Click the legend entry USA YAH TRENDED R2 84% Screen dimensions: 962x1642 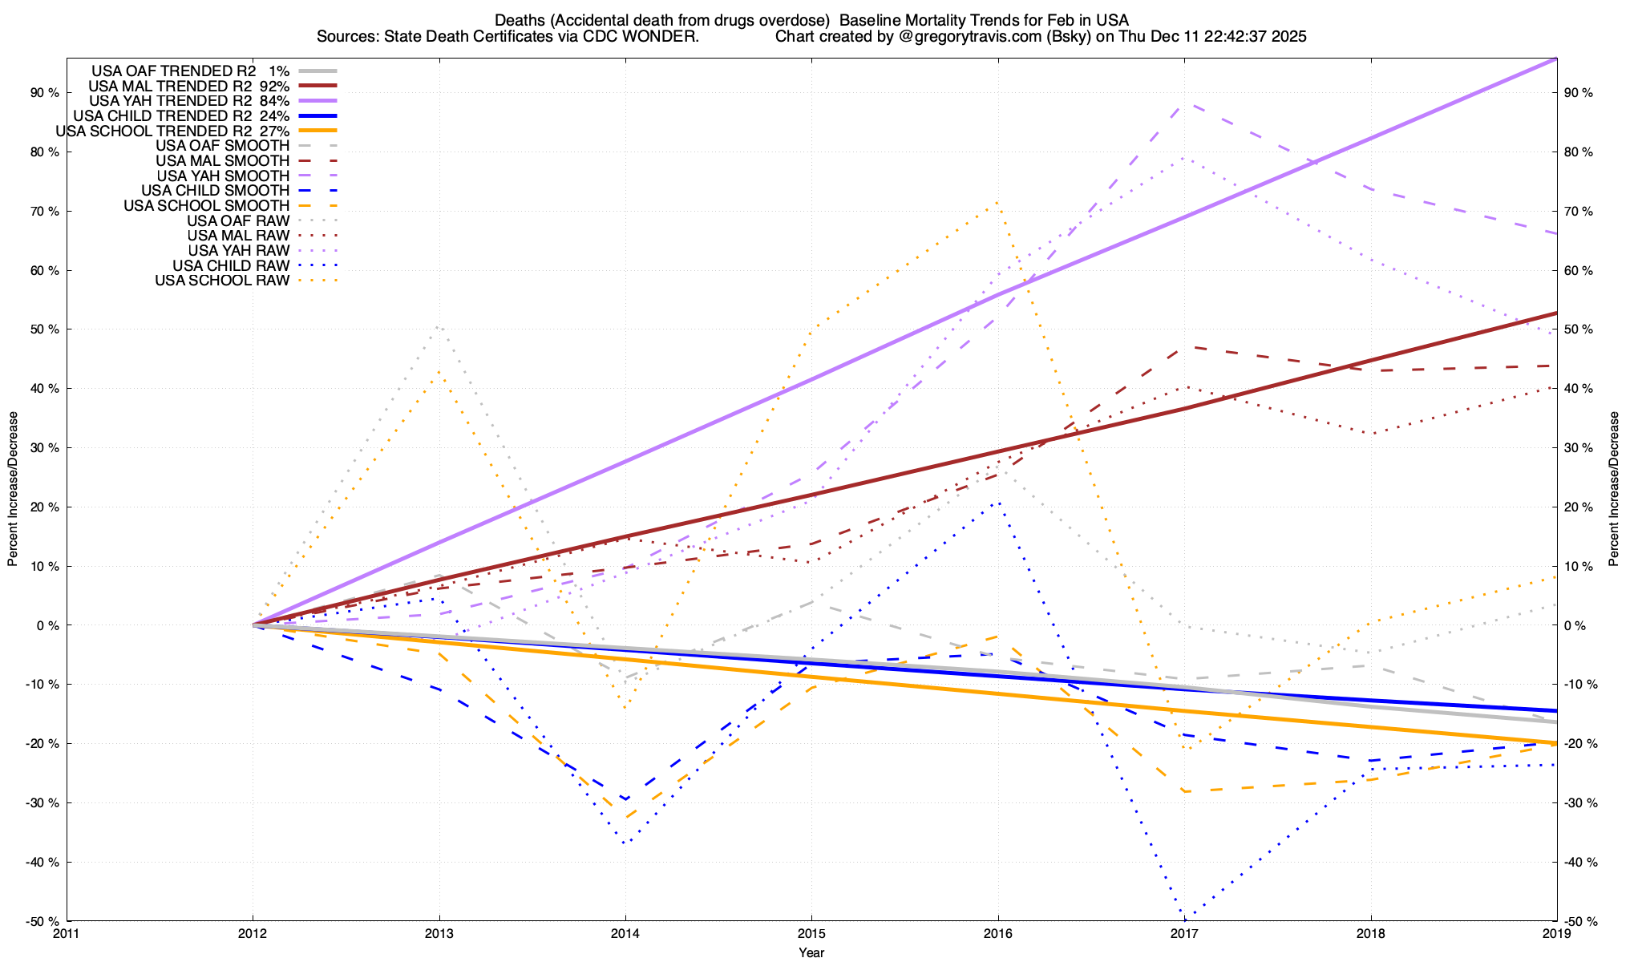tap(189, 101)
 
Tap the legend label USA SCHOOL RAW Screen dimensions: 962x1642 tap(222, 281)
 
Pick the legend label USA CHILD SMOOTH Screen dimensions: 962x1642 tap(215, 191)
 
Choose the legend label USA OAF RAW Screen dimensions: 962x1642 tap(238, 220)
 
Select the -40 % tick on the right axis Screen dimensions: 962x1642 tap(1579, 863)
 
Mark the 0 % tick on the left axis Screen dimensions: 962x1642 tap(48, 625)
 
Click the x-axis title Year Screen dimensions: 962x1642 tap(811, 952)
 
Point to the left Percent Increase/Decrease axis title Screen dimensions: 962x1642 tap(13, 489)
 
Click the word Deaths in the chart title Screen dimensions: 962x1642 tap(518, 20)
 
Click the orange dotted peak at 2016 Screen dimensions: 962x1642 tap(997, 202)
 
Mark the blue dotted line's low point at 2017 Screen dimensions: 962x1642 tap(1184, 917)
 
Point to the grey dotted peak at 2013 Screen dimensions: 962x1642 tap(438, 326)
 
